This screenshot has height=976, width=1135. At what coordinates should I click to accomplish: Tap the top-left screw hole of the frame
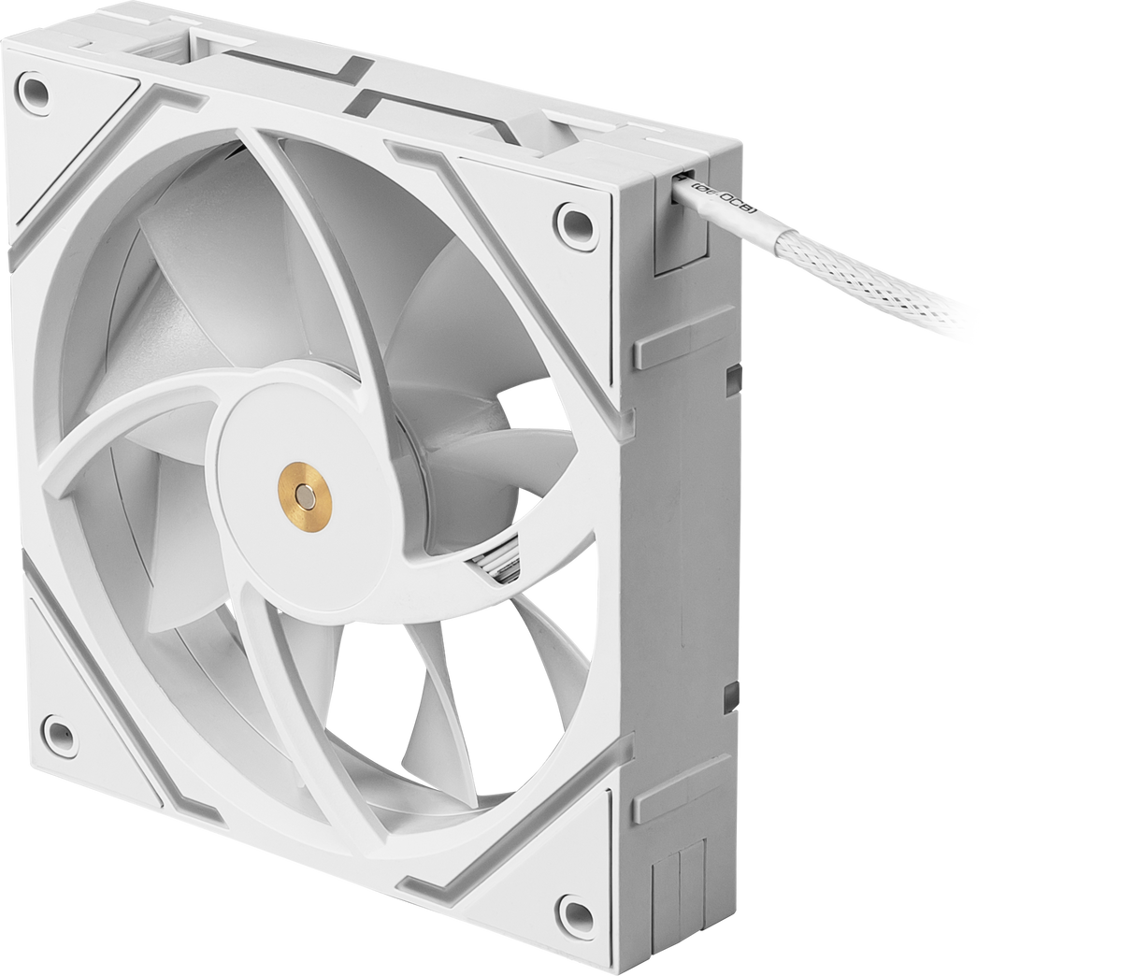[x=34, y=92]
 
